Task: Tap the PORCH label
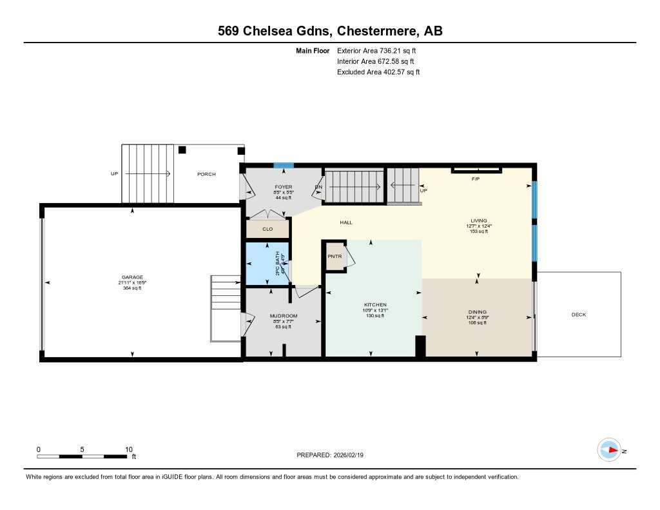[x=206, y=174]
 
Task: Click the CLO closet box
[x=267, y=229]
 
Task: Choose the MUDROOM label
[x=283, y=315]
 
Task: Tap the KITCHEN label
[x=374, y=304]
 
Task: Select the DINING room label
[x=478, y=311]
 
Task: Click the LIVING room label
[x=478, y=220]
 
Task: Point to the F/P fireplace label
[x=476, y=179]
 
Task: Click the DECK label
[x=578, y=315]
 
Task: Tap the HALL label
[x=346, y=222]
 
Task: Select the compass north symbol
[x=609, y=450]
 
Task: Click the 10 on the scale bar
[x=128, y=449]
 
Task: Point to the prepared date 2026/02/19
[x=352, y=455]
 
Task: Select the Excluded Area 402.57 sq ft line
[x=378, y=72]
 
